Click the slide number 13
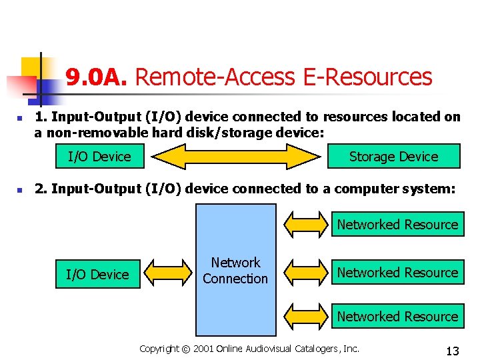tap(453, 351)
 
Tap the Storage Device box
tap(393, 157)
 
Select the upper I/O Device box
tap(100, 157)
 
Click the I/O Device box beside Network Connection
tap(97, 274)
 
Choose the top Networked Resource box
tap(397, 225)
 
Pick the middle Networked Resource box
tap(397, 272)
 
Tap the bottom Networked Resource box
tap(397, 317)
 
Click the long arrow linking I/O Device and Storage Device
tap(236, 157)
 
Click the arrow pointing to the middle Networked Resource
tap(307, 273)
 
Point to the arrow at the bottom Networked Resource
tap(307, 317)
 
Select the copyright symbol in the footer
tap(186, 349)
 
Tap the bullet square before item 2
tap(20, 191)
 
